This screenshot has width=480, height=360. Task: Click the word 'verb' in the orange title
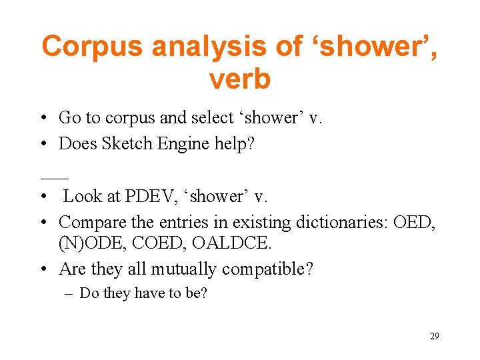click(240, 79)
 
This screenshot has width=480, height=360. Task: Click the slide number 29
click(434, 337)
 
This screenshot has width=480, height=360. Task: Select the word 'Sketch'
click(125, 144)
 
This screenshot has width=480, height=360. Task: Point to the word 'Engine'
click(181, 144)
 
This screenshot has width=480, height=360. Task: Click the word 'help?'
click(233, 144)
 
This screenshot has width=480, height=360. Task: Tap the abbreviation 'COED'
click(160, 244)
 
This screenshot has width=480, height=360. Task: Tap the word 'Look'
click(83, 196)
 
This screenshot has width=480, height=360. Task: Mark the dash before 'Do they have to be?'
click(70, 293)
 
